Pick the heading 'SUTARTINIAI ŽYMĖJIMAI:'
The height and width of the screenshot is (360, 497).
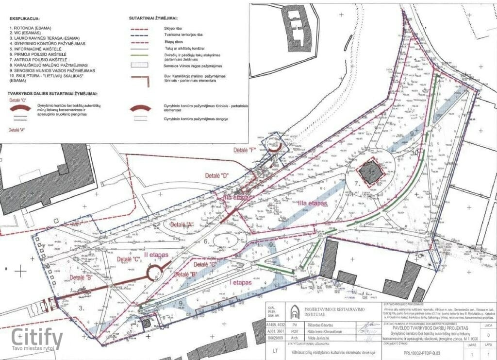pos(153,18)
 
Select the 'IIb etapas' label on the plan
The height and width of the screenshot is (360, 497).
pos(236,198)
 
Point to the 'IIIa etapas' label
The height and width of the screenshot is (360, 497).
pos(312,204)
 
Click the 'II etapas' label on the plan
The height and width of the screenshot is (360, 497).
pos(155,255)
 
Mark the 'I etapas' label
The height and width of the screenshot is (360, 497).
pos(241,282)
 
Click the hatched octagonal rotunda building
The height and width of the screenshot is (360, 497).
pos(371,173)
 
